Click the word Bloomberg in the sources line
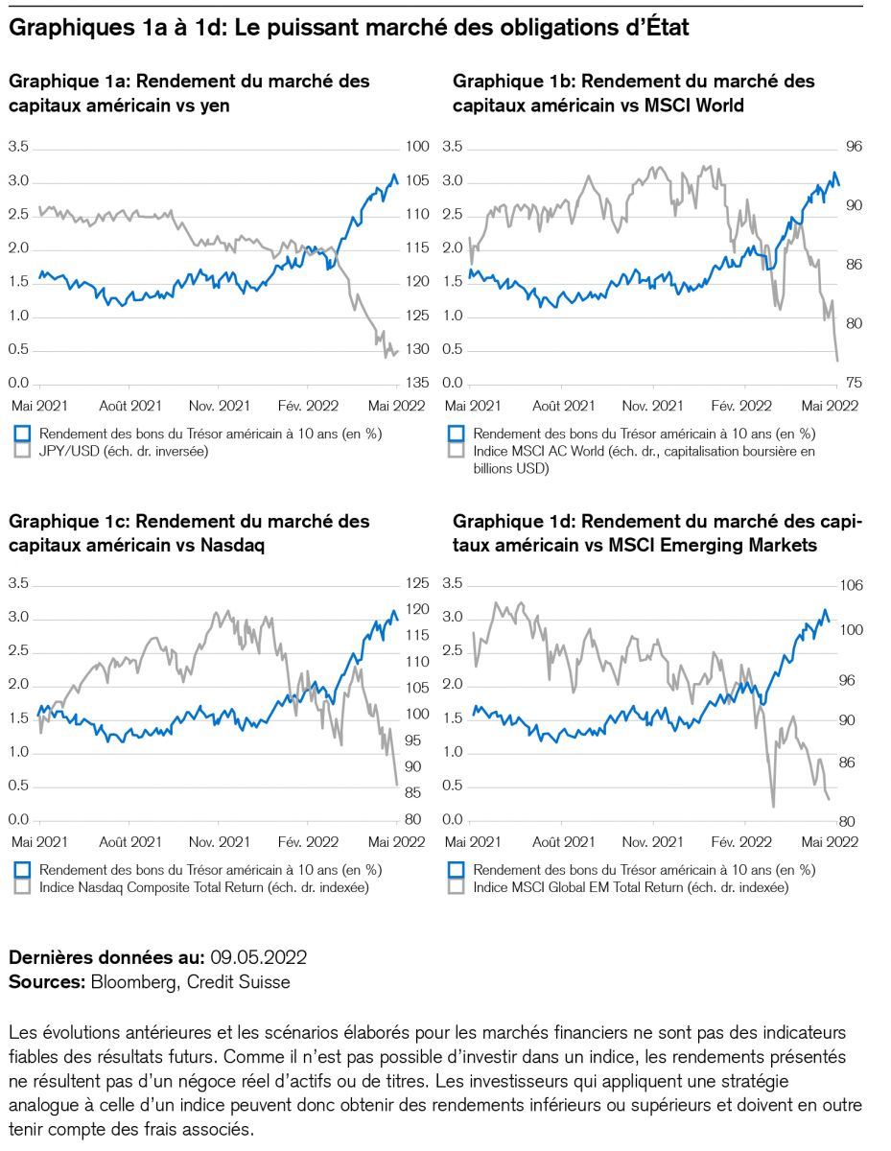(134, 982)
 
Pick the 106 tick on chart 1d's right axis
(852, 585)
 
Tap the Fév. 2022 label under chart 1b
(742, 406)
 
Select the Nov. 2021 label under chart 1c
(220, 841)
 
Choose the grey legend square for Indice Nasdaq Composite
(24, 887)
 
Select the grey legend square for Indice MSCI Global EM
(457, 887)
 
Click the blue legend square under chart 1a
(24, 434)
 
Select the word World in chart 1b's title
(717, 106)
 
